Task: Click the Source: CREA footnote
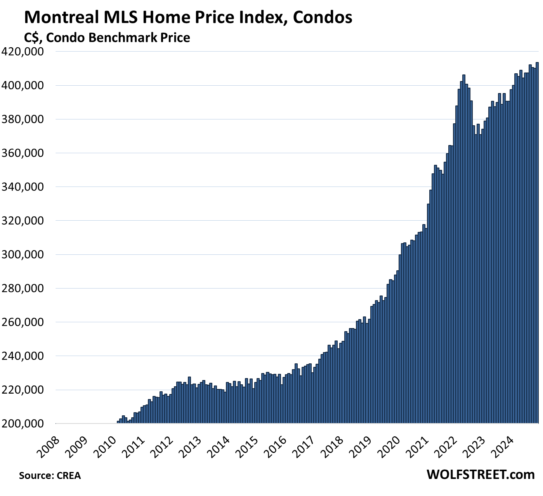pos(50,475)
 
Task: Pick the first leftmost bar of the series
pos(118,422)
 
